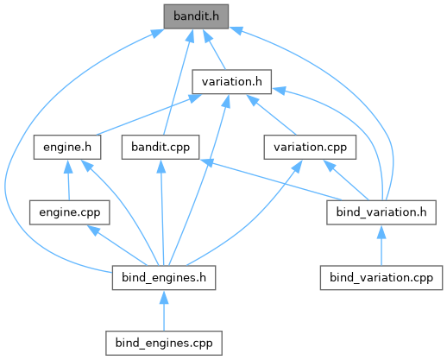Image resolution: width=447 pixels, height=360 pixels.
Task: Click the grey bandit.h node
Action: coord(196,16)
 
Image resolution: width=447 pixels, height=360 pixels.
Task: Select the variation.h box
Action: coord(232,82)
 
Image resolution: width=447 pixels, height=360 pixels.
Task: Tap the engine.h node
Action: coord(67,147)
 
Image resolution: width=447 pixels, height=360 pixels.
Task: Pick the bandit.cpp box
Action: coord(161,147)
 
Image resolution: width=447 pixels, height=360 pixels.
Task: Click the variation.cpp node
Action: coord(310,147)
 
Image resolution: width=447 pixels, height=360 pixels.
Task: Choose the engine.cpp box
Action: coord(70,212)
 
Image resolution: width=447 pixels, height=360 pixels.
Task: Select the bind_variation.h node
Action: coord(381,212)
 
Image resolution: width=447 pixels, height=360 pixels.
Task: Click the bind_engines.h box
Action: coord(164,278)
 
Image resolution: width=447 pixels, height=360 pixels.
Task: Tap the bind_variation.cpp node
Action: coord(381,278)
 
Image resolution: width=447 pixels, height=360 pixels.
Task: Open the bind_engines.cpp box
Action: coord(164,343)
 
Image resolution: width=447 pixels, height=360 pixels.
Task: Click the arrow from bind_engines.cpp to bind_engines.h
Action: coord(164,311)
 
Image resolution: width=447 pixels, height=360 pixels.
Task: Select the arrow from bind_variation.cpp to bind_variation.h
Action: coord(381,245)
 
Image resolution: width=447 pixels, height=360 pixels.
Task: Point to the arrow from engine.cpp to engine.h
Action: coord(68,180)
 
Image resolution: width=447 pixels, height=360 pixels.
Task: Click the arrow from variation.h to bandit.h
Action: coord(214,49)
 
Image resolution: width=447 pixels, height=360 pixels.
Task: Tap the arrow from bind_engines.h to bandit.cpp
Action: coord(162,213)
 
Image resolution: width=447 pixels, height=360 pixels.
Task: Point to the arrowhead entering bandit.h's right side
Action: coord(236,30)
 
